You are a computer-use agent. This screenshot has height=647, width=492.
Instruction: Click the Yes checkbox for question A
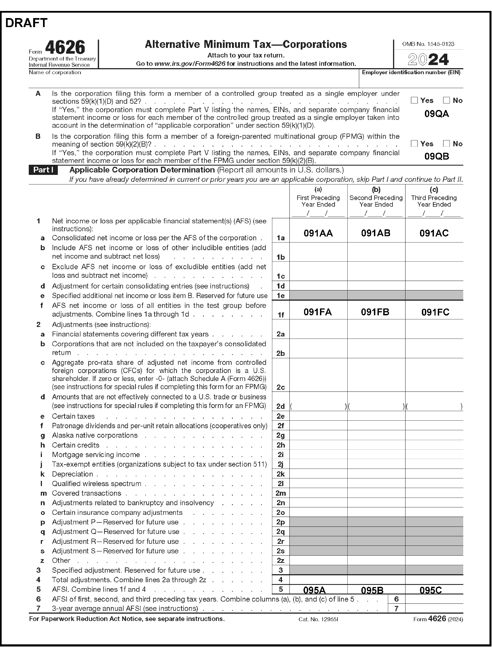click(414, 100)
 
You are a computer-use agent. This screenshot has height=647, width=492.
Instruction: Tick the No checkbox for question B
click(446, 143)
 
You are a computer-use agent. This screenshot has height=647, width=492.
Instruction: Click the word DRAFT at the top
click(26, 23)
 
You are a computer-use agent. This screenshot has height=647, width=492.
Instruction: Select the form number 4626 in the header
click(65, 47)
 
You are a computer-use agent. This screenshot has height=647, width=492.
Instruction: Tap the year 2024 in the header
click(428, 59)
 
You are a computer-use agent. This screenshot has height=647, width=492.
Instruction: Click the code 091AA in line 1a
click(318, 233)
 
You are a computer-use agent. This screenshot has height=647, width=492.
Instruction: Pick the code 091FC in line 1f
click(435, 312)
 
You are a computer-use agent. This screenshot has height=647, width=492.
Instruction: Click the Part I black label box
click(43, 170)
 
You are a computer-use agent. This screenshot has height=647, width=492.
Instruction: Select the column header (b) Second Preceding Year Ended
click(376, 198)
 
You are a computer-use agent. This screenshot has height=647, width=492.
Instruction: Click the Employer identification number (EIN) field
click(411, 81)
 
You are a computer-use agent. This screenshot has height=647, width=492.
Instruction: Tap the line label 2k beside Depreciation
click(281, 474)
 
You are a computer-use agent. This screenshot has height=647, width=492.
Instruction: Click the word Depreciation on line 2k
click(72, 474)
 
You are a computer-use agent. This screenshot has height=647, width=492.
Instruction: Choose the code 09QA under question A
click(436, 114)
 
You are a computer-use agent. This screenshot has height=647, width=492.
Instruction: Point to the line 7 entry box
click(434, 609)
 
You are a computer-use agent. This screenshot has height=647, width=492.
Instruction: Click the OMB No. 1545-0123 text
click(428, 44)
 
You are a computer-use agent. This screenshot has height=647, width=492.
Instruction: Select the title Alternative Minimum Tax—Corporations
click(246, 45)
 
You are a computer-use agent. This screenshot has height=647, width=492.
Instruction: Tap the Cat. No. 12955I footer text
click(318, 619)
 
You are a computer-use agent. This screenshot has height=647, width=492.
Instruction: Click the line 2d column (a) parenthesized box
click(318, 406)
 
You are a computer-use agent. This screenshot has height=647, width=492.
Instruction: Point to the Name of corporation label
click(55, 72)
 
